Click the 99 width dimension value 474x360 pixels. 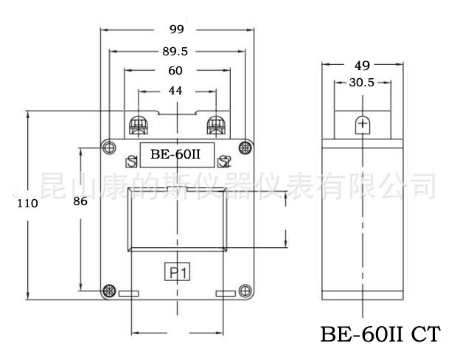pos(176,30)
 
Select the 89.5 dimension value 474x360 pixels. pos(175,52)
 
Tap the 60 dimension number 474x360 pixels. pos(175,71)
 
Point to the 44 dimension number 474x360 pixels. pos(175,91)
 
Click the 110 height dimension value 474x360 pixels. pos(27,204)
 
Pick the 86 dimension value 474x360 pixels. pos(80,201)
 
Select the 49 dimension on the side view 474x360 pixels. pos(362,66)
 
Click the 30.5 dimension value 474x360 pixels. pos(361,83)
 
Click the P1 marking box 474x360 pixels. pos(177,271)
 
